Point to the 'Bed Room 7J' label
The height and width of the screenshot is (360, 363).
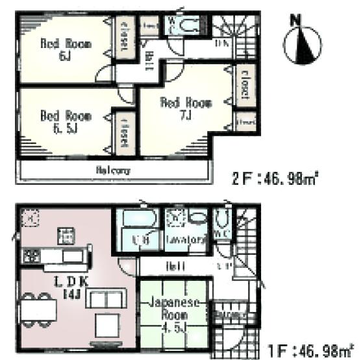[177, 108]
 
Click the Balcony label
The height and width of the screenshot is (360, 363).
[113, 171]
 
